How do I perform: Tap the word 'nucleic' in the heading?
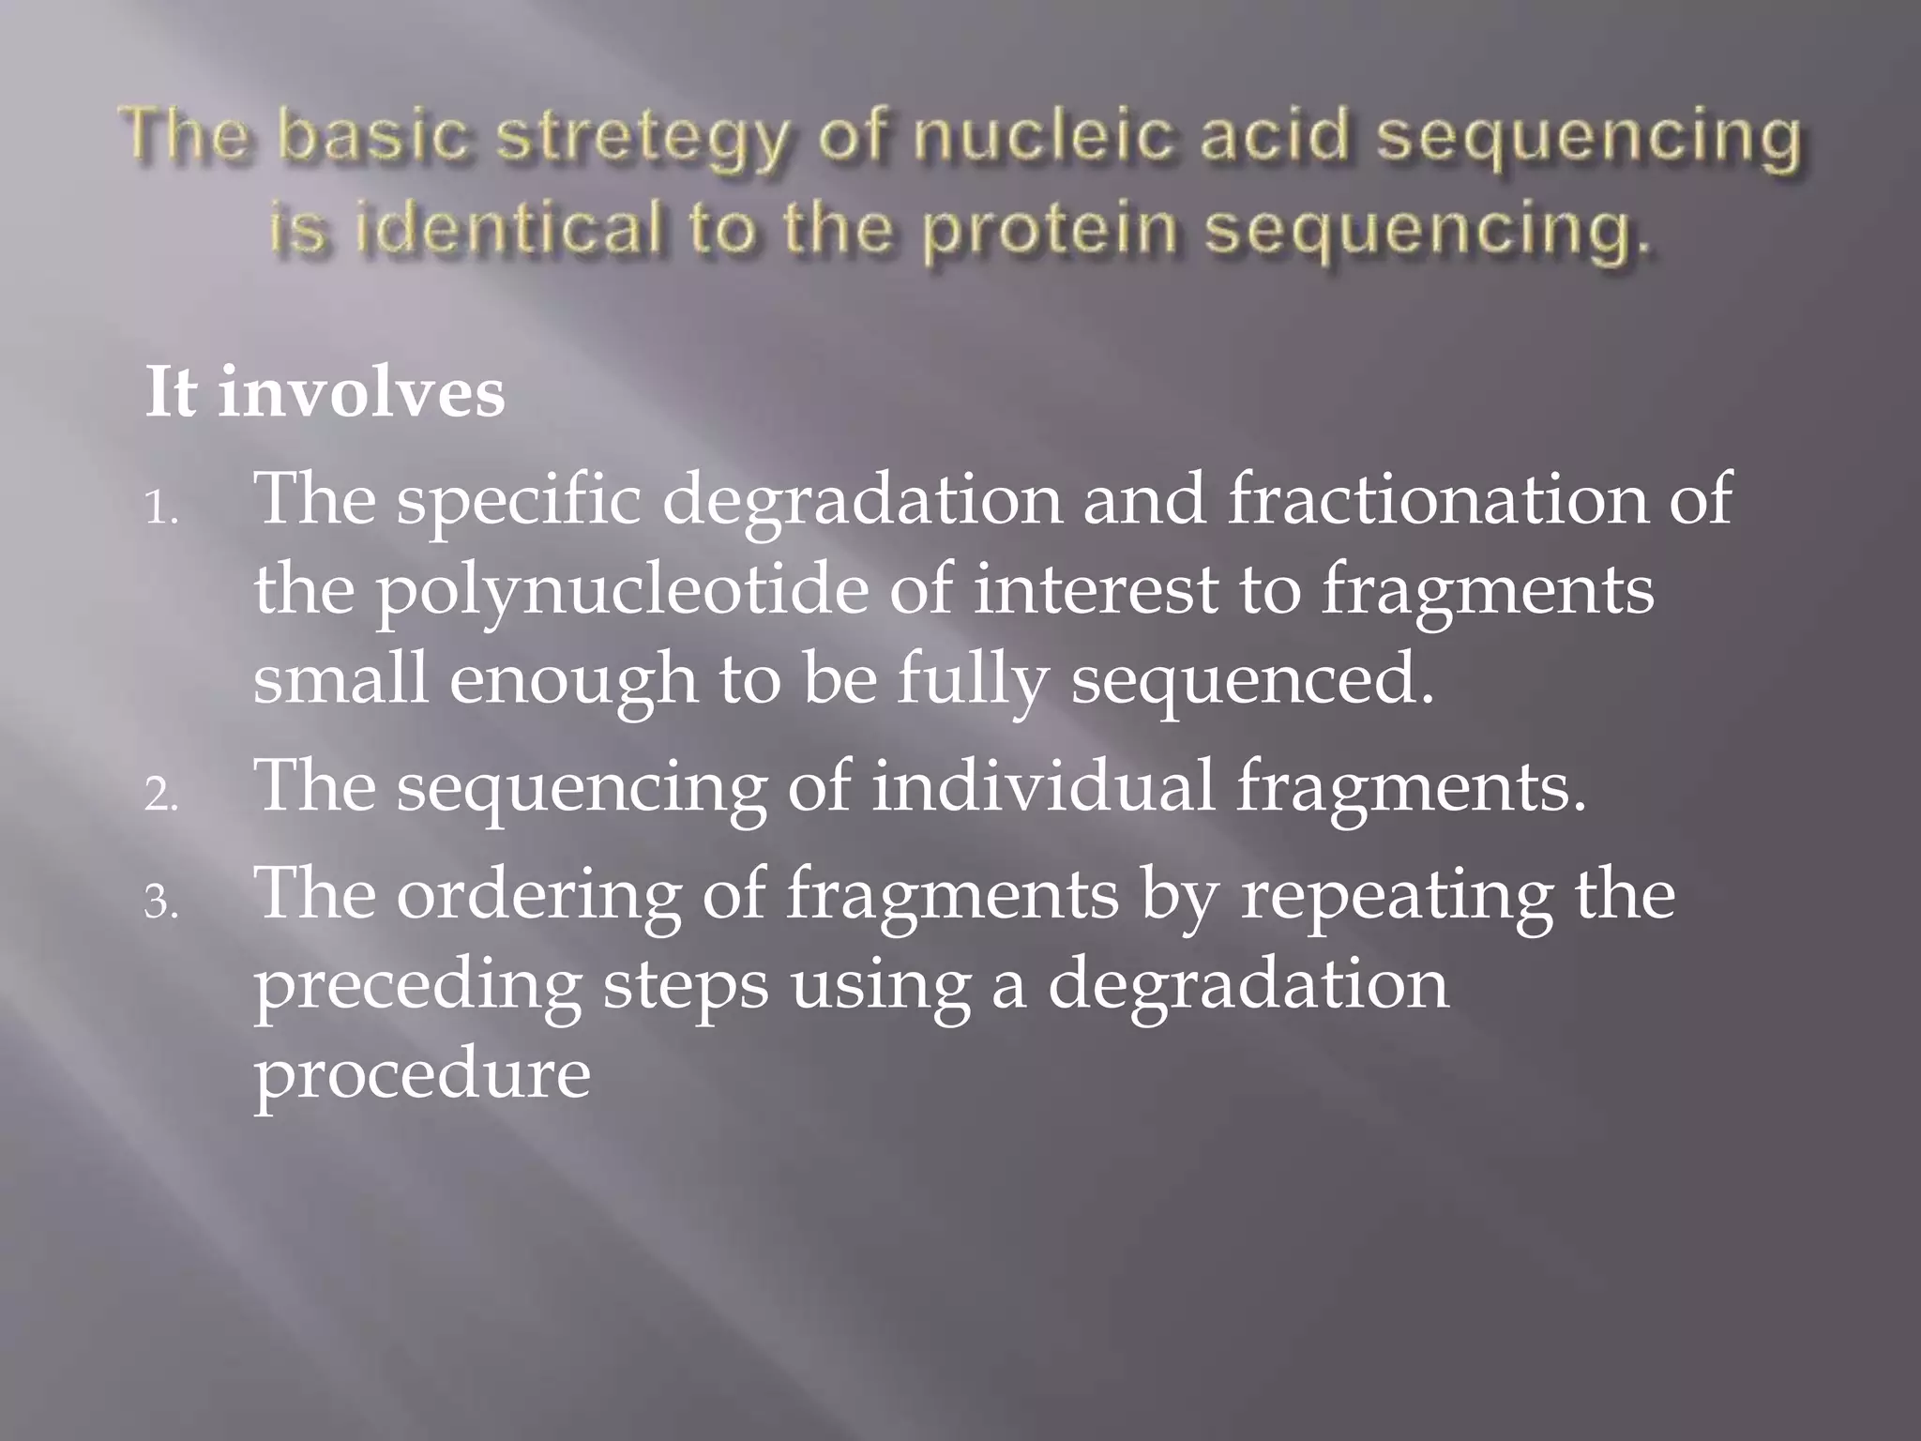(1043, 136)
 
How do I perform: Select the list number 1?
(160, 512)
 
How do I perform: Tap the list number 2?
(160, 796)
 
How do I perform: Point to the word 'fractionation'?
(1436, 499)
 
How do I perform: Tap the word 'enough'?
(573, 681)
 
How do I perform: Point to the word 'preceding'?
(417, 988)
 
